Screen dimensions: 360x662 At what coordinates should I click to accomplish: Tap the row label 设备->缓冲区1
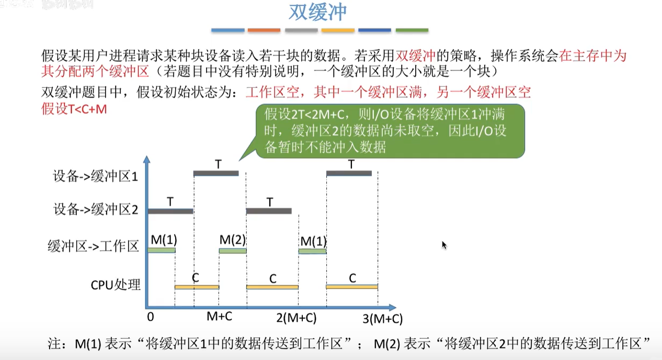tap(95, 176)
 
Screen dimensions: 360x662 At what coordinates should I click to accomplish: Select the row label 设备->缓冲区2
tap(95, 210)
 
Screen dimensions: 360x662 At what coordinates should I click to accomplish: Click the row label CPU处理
tap(116, 285)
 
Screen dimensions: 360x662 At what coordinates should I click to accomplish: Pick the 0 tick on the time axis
tap(151, 317)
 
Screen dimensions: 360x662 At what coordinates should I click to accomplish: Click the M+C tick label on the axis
tap(220, 316)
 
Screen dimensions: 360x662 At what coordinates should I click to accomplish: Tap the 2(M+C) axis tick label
tap(296, 318)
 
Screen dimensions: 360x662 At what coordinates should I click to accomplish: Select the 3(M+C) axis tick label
tap(382, 318)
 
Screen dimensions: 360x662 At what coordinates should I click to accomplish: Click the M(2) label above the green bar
tap(232, 240)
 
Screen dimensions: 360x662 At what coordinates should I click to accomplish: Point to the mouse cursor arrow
tap(444, 244)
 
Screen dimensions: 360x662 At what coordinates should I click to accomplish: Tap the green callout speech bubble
tap(390, 131)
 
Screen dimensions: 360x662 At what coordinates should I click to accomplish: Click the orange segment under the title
tap(264, 30)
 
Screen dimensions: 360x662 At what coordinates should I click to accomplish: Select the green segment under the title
tap(412, 30)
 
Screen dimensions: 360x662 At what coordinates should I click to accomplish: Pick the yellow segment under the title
tap(338, 30)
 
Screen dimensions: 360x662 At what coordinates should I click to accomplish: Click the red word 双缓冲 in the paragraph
tap(416, 55)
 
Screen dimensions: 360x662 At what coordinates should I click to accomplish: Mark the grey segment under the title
tap(301, 30)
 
